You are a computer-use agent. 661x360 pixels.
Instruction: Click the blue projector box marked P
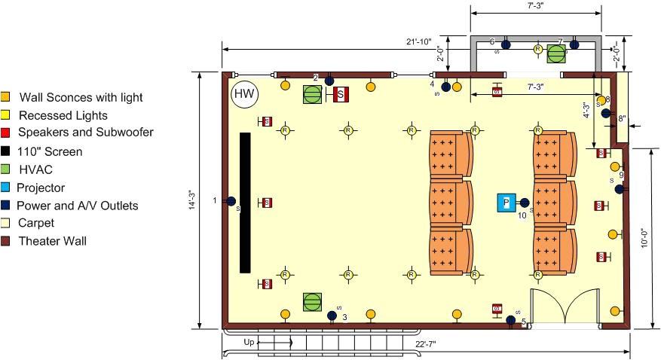506,203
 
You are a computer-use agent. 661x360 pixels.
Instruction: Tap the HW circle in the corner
243,94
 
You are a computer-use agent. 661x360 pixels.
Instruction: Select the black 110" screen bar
245,203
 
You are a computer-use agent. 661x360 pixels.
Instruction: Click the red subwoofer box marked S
341,94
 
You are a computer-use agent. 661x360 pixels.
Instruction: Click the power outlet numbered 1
231,200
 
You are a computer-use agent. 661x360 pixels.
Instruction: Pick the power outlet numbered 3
332,316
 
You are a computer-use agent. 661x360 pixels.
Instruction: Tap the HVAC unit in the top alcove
556,53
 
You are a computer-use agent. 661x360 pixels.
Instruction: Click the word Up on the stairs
249,342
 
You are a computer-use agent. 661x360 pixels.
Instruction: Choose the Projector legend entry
51,188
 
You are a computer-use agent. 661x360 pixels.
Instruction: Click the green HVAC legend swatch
5,169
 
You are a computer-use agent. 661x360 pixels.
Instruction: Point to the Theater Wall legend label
51,241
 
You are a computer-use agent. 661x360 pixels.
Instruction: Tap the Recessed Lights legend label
63,115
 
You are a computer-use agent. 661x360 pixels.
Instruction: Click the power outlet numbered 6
506,44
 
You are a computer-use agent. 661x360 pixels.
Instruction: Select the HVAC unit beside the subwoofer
312,94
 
